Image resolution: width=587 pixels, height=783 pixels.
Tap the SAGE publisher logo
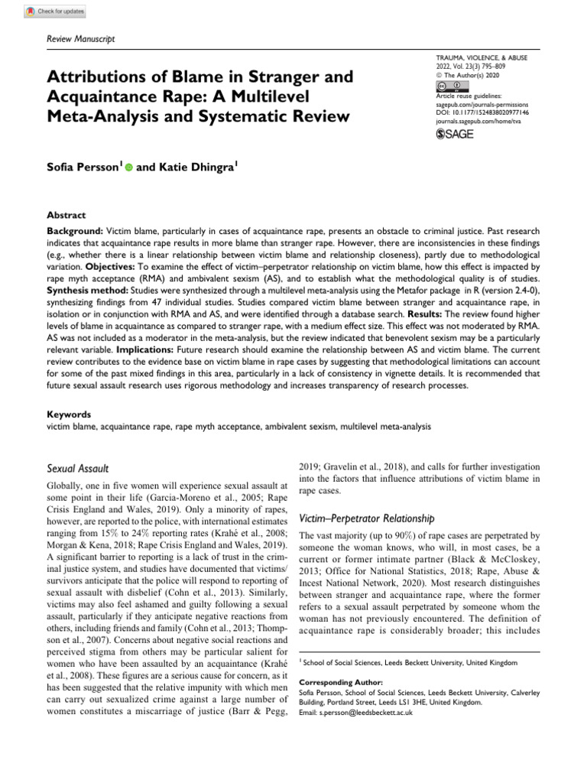(x=456, y=135)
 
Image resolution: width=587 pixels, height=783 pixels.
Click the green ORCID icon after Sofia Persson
(x=128, y=167)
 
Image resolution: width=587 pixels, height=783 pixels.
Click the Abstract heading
(x=66, y=216)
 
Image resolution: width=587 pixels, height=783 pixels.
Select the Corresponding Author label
(x=336, y=682)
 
